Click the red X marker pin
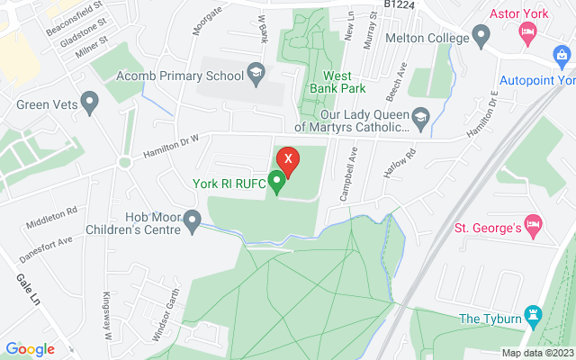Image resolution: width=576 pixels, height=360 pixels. pos(288,160)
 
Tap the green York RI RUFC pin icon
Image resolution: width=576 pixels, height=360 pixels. pos(276,183)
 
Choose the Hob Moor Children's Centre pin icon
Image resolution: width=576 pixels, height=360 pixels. pos(192,220)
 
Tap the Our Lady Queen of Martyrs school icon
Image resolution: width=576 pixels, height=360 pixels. pos(419,117)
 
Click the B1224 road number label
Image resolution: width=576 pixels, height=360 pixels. pos(400,5)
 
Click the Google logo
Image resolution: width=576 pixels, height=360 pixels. pos(30,349)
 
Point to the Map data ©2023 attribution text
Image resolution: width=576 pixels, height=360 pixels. pos(537,353)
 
